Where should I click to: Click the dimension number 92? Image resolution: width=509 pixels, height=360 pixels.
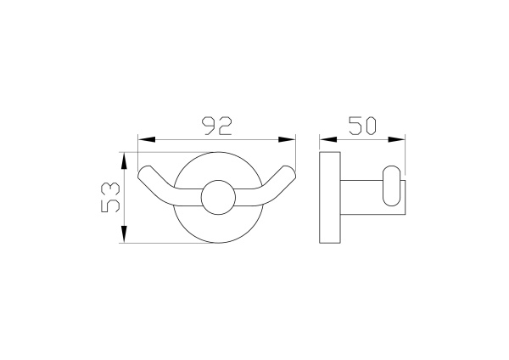pos(217,126)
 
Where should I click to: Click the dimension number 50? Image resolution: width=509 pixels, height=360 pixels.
pos(362,126)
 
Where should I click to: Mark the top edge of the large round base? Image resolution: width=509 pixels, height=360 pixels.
pos(217,155)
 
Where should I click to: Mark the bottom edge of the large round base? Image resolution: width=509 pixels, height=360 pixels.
pos(217,243)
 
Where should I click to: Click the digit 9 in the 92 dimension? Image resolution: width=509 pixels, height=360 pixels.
pos(208,126)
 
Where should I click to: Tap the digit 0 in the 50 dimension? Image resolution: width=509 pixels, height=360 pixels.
pos(372,126)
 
